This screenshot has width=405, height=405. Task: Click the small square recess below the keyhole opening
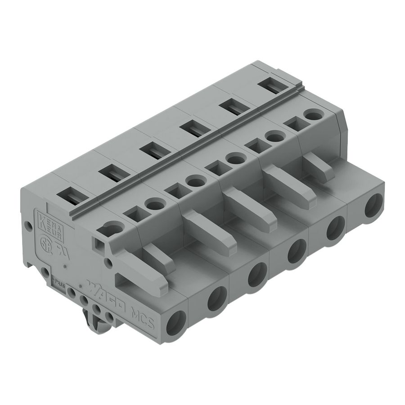point(99,244)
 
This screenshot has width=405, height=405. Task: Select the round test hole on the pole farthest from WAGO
point(313,115)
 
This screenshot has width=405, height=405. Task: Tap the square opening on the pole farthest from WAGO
point(293,123)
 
